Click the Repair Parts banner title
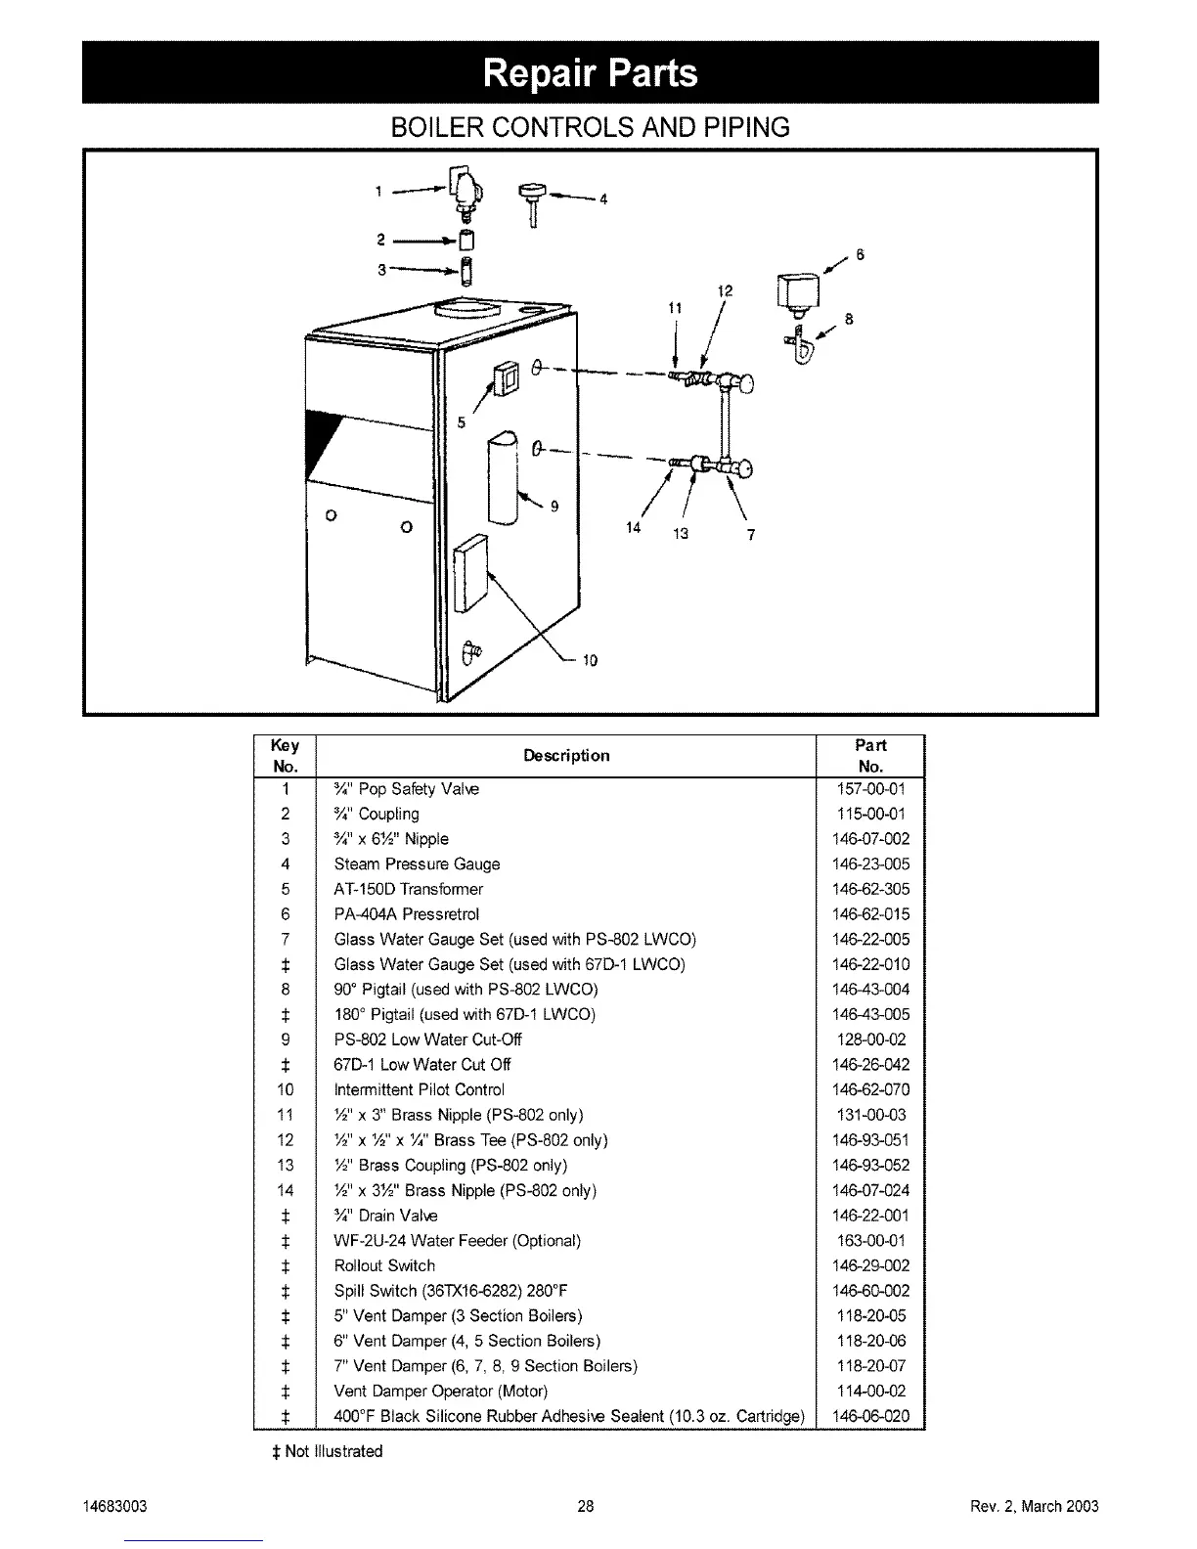[590, 73]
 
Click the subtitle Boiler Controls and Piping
[590, 128]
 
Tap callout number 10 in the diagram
[590, 660]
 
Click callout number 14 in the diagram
[634, 529]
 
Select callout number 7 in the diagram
[750, 534]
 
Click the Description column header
[566, 755]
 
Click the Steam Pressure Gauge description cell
[417, 864]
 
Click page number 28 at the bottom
[585, 1506]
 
